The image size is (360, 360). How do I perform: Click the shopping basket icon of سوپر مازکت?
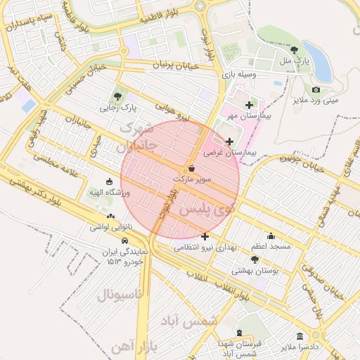[x=192, y=169]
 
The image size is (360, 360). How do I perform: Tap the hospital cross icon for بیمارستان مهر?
[x=249, y=105]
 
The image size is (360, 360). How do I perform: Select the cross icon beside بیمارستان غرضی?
[x=229, y=141]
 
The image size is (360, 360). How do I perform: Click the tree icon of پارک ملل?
[x=294, y=51]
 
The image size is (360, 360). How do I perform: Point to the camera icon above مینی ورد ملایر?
[x=316, y=89]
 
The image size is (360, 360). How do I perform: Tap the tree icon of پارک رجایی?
[x=117, y=97]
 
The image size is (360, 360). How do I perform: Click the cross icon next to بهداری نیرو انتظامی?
[x=204, y=236]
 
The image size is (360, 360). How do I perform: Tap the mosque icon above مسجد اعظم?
[x=271, y=236]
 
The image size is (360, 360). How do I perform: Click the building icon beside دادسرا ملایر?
[x=300, y=336]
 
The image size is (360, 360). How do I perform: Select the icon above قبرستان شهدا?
[x=239, y=333]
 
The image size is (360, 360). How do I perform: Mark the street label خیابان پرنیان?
[x=163, y=65]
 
